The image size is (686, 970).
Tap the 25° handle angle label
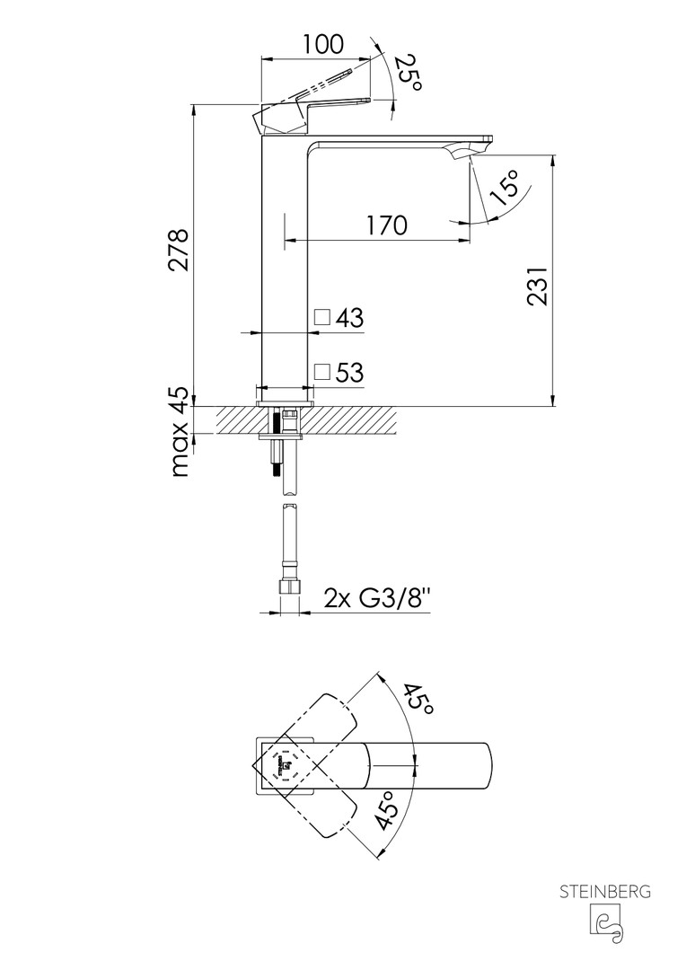[x=407, y=72]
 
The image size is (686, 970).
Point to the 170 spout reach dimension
[x=386, y=225]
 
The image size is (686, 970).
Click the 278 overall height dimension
[x=179, y=250]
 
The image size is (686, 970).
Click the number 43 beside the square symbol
[x=350, y=317]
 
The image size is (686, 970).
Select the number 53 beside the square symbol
[x=350, y=372]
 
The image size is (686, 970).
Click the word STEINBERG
[x=606, y=892]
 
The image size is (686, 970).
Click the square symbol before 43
[x=322, y=317]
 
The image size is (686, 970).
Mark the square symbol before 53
[x=322, y=372]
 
